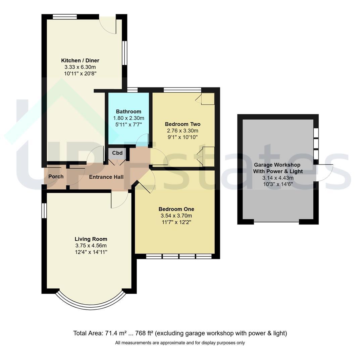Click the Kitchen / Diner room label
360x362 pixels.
[80, 60]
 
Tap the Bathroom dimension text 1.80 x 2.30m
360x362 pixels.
[128, 118]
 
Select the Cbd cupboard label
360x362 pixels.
[117, 153]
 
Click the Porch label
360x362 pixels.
[56, 176]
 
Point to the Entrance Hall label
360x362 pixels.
[106, 177]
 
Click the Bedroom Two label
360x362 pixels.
[183, 124]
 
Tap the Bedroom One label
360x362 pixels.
[176, 209]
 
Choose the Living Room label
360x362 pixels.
[91, 239]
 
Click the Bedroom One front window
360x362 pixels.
[179, 256]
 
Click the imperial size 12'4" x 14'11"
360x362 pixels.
[91, 252]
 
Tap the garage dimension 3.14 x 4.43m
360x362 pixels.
[278, 178]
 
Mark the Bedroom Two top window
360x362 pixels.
[182, 90]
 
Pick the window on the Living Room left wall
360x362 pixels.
[44, 210]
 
